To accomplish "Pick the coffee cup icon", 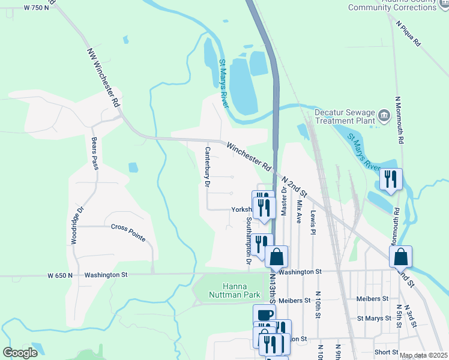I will pyautogui.click(x=264, y=315).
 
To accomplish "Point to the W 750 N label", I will pyautogui.click(x=36, y=8).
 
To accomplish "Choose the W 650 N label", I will pyautogui.click(x=60, y=275).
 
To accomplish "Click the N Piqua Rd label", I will pyautogui.click(x=409, y=35).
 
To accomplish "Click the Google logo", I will pyautogui.click(x=20, y=352).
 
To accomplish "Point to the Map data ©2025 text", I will pyautogui.click(x=423, y=355).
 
